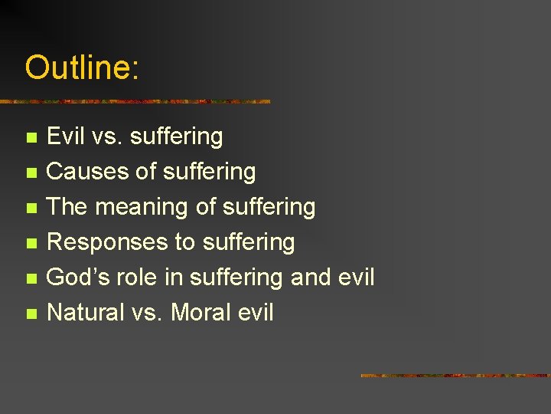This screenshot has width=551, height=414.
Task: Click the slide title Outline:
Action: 82,68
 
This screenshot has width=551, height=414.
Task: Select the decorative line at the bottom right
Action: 455,376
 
